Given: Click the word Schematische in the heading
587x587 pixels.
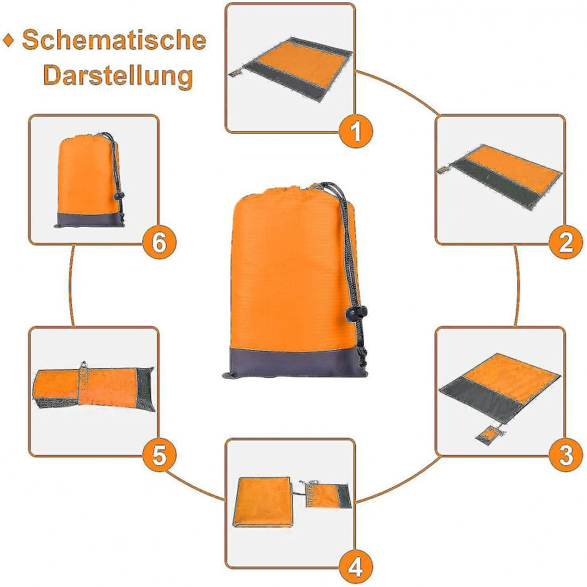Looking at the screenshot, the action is click(x=114, y=40).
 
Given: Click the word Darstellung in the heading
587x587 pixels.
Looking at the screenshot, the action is click(x=118, y=76).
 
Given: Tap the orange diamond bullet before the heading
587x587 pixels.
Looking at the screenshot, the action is click(x=9, y=40).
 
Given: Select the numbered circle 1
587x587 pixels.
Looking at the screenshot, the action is click(x=356, y=131).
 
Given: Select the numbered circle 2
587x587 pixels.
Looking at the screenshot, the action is click(x=566, y=243).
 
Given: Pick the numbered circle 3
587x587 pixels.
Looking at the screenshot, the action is click(x=566, y=454).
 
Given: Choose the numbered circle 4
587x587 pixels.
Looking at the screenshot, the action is click(x=356, y=566).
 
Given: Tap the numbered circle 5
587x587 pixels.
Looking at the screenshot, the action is click(x=159, y=455).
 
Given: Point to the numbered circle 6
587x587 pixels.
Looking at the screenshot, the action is click(x=159, y=243).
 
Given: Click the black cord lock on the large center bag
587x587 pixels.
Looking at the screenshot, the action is click(x=357, y=313).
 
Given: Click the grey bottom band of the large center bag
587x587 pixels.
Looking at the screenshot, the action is click(x=294, y=362).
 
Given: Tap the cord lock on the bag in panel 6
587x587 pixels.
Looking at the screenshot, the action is click(x=118, y=195).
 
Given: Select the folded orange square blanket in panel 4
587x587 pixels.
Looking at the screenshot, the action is click(x=263, y=502).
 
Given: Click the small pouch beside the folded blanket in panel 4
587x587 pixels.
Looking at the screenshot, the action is click(x=327, y=495).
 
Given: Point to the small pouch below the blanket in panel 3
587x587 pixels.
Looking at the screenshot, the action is click(x=489, y=436).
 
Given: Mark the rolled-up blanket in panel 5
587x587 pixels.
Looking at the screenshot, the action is click(x=94, y=388).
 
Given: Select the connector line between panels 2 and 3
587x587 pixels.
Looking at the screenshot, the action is click(x=517, y=285).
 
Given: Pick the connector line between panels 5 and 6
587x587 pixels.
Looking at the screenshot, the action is click(x=71, y=285).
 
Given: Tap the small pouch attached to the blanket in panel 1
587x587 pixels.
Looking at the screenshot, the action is click(x=235, y=72).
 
